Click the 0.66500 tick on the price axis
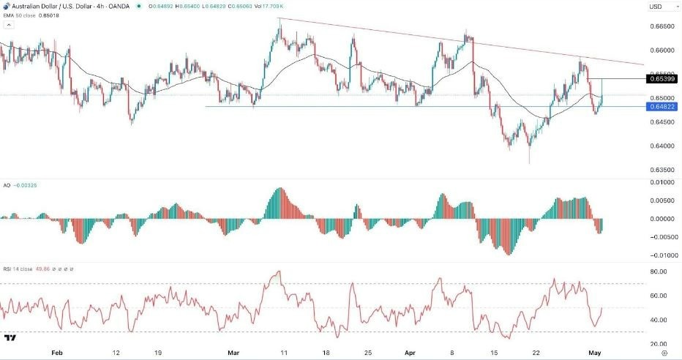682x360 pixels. pyautogui.click(x=662, y=27)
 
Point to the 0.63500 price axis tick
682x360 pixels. pyautogui.click(x=662, y=170)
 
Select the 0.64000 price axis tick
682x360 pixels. pyautogui.click(x=662, y=146)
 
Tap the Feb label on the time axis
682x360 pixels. pyautogui.click(x=56, y=351)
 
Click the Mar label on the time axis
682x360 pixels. pyautogui.click(x=233, y=351)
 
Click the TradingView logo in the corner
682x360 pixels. pyautogui.click(x=10, y=337)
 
